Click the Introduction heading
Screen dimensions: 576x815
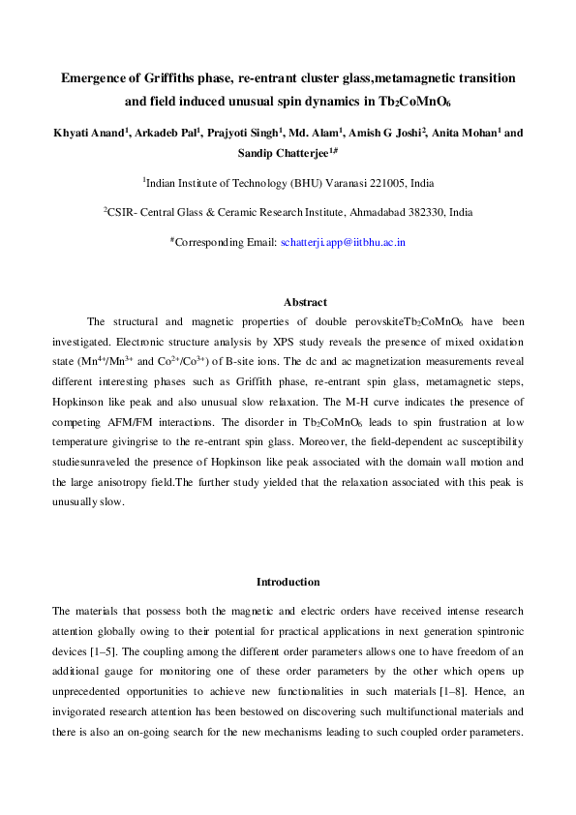point(288,582)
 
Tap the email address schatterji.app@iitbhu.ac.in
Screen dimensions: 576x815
point(343,242)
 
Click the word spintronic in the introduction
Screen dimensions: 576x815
point(494,631)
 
